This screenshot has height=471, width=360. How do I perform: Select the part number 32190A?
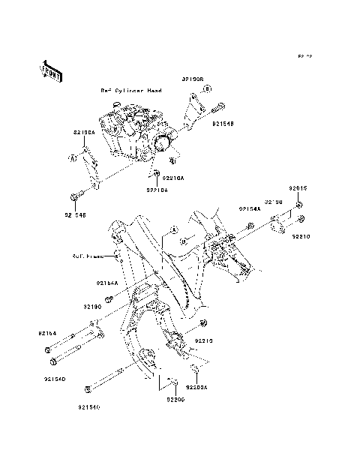tap(83, 132)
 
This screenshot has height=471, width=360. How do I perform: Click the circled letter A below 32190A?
tap(73, 158)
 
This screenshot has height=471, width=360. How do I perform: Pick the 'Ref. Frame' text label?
tap(88, 255)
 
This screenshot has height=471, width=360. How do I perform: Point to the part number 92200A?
tap(196, 388)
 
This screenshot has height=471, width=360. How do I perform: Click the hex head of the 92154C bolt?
tap(88, 389)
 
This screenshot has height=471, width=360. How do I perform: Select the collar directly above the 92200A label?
tap(194, 368)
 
